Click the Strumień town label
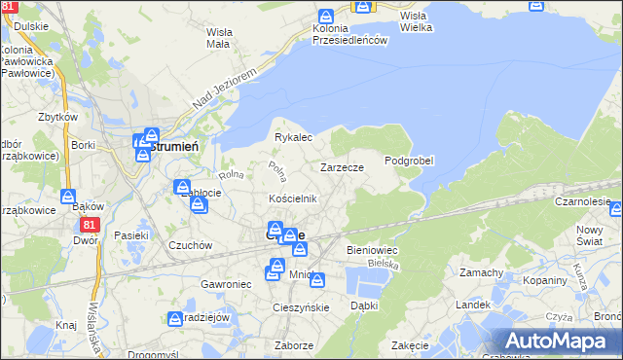click(x=176, y=145)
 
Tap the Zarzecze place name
click(x=342, y=167)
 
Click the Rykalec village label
click(x=292, y=138)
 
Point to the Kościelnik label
click(x=293, y=198)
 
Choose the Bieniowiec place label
click(x=368, y=250)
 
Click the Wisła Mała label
click(x=218, y=37)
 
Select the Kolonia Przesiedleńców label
click(x=350, y=34)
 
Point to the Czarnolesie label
click(x=588, y=201)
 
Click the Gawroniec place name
click(x=226, y=283)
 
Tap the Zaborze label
click(x=294, y=345)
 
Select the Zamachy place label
click(x=481, y=272)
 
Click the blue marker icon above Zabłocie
click(x=182, y=187)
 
